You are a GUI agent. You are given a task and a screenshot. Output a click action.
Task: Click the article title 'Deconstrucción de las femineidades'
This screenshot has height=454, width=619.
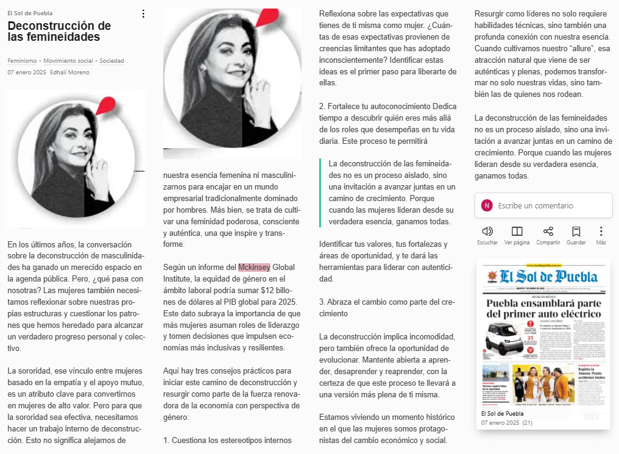pos(59,31)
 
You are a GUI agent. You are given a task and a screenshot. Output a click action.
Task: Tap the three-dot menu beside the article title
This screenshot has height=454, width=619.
pos(143,13)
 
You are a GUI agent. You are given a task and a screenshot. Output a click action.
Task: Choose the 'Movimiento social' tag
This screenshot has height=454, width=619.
pos(68,61)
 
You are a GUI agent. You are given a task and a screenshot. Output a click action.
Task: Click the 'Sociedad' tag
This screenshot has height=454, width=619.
pos(111,61)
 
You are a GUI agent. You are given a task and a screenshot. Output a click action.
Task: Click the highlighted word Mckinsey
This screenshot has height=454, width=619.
pos(254,267)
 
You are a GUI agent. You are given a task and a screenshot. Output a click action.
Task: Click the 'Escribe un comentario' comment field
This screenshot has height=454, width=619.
pos(536,205)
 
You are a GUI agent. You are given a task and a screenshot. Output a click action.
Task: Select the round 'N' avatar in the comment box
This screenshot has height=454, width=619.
pos(487,205)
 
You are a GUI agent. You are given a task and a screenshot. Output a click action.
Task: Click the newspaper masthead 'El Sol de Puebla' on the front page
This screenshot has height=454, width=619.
pos(548,277)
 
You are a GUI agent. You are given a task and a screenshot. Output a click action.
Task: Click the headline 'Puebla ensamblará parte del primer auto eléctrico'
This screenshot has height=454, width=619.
pos(543,308)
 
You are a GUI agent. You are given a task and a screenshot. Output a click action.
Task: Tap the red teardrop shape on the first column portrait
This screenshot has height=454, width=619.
pos(108,105)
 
